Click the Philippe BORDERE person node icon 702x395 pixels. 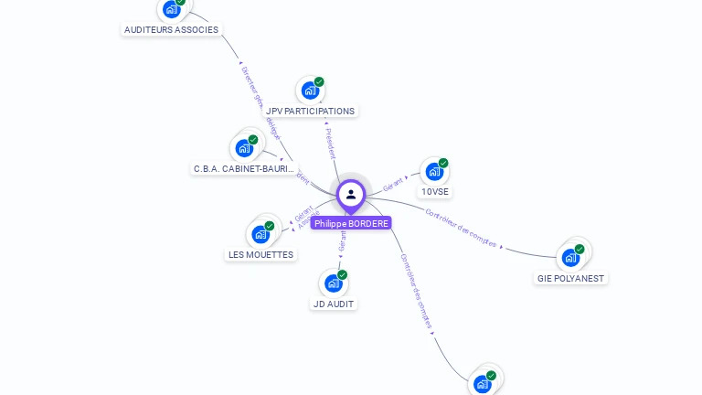[x=351, y=194]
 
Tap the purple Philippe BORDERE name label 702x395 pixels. [x=351, y=223]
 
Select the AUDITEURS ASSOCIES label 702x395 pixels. [x=172, y=29]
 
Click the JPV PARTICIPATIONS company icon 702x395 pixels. [x=310, y=91]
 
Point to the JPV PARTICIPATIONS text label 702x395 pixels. [x=311, y=112]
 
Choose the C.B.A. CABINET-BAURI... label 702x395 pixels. [x=244, y=169]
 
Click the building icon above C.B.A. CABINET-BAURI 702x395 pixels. [x=244, y=147]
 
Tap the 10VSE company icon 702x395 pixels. [x=434, y=171]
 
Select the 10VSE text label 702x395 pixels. [x=435, y=192]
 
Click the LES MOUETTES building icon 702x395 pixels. [x=261, y=234]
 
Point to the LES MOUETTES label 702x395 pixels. [x=261, y=255]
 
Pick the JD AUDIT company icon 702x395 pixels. [x=333, y=283]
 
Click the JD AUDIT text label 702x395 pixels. [x=334, y=304]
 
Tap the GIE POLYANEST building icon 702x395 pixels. [x=571, y=257]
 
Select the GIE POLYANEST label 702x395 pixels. [x=570, y=278]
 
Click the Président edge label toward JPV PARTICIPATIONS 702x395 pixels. [x=331, y=144]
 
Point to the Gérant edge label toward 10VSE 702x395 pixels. [x=393, y=183]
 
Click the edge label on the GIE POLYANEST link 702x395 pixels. [x=462, y=229]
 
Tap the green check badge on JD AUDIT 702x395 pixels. [x=342, y=274]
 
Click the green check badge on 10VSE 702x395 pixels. [x=443, y=163]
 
